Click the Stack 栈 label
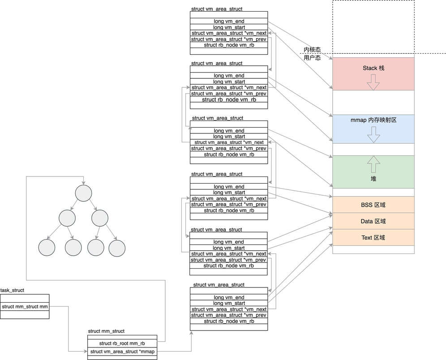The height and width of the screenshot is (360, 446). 373,69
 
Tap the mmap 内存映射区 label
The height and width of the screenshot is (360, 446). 373,120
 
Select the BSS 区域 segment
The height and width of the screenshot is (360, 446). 373,205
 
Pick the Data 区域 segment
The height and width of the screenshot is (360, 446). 373,221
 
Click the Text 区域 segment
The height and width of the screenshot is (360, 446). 373,237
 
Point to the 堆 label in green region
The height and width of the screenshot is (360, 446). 373,179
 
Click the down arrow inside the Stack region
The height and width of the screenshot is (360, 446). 373,82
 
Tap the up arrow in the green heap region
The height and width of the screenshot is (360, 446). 373,165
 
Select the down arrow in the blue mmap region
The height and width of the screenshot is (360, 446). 373,134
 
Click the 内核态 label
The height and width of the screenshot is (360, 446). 312,50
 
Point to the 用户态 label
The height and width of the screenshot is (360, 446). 312,58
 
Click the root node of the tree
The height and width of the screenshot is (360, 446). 84,193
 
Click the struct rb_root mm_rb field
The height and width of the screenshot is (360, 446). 122,343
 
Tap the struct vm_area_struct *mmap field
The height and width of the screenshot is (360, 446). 122,351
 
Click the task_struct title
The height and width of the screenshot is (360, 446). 13,290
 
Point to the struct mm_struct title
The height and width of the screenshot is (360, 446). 106,331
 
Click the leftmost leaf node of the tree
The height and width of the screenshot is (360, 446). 47,248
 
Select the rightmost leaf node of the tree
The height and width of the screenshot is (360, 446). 116,248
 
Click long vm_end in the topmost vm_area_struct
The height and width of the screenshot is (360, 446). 229,21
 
